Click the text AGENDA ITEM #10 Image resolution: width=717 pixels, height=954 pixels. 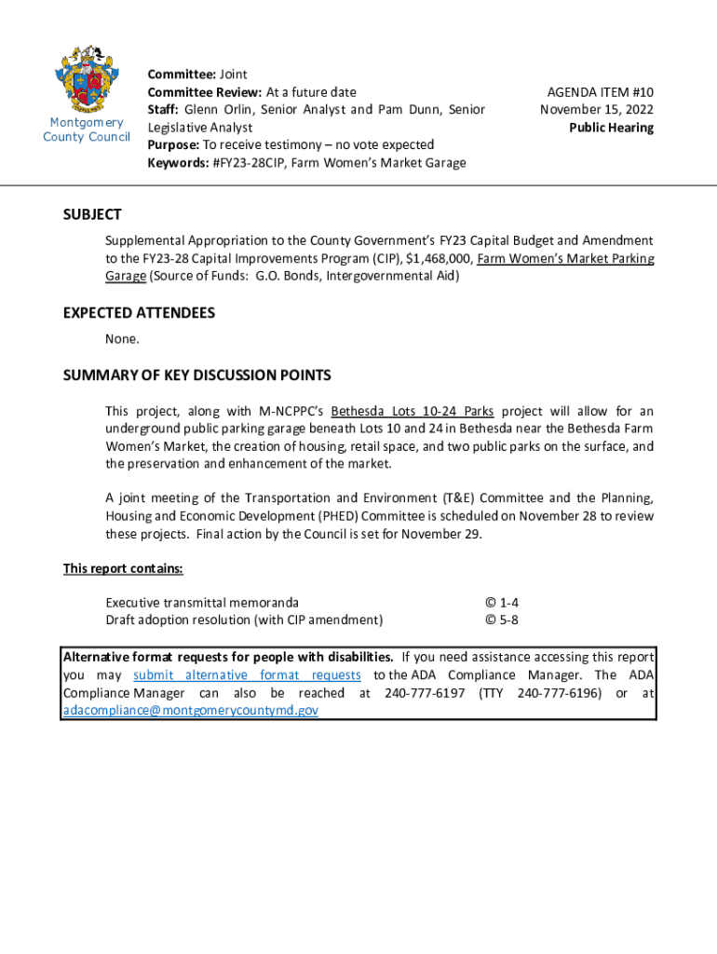point(600,92)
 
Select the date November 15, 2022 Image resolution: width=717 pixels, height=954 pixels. point(597,110)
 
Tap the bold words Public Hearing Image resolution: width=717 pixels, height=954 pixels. point(611,128)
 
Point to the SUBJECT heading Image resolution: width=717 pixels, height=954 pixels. point(92,214)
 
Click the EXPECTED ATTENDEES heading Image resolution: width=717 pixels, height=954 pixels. point(139,312)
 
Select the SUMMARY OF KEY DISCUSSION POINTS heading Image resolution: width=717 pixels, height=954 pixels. point(196,375)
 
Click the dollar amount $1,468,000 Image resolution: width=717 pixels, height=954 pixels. point(437,258)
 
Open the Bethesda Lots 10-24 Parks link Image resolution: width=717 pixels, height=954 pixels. point(413,411)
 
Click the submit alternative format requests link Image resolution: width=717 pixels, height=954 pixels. point(247,675)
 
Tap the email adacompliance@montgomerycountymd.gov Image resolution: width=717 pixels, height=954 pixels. point(191,710)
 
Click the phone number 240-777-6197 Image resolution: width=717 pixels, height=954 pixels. point(425,692)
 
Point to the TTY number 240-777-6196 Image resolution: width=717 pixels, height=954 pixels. point(557,692)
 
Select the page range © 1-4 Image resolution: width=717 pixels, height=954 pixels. point(502,603)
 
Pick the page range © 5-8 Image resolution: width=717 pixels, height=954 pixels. point(502,620)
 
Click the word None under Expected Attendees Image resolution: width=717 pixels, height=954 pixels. point(122,338)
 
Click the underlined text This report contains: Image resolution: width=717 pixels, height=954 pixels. point(123,568)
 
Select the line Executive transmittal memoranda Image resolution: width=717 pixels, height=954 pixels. point(202,603)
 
